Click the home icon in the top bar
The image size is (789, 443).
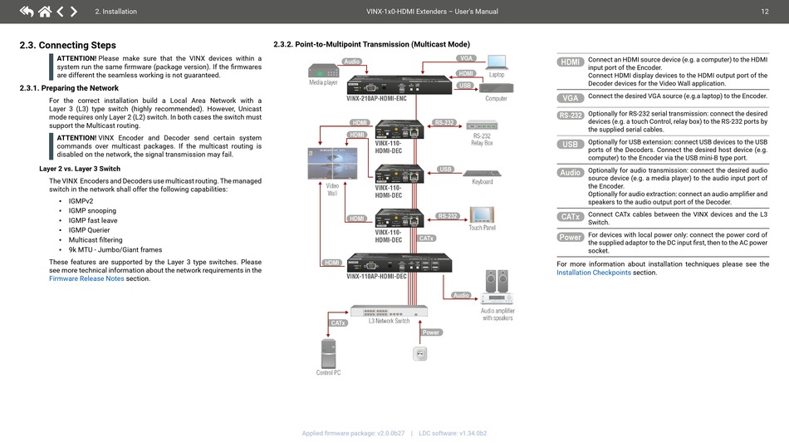click(x=45, y=11)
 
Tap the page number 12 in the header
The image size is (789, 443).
click(x=764, y=11)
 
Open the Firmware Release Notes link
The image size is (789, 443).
click(x=86, y=278)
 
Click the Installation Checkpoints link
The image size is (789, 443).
click(x=594, y=273)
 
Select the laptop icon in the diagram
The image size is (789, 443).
click(x=497, y=62)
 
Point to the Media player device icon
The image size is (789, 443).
click(x=324, y=71)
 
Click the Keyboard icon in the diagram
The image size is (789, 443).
click(x=482, y=173)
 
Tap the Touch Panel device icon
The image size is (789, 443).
click(x=482, y=214)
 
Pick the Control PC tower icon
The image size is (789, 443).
click(x=328, y=353)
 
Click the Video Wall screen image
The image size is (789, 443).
click(x=332, y=164)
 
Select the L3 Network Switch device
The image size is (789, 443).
click(x=389, y=311)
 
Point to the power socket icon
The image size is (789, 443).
click(x=419, y=354)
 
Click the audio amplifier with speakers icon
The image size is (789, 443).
click(x=497, y=288)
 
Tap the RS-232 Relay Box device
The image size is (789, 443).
click(x=482, y=125)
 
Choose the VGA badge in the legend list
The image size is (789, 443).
click(x=570, y=98)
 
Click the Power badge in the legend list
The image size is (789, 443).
click(x=570, y=237)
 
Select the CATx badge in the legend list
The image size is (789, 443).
click(x=570, y=216)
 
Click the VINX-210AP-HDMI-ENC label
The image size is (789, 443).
click(x=376, y=99)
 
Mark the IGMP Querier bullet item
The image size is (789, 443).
click(x=89, y=230)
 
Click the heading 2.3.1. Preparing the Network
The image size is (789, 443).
click(x=69, y=88)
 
